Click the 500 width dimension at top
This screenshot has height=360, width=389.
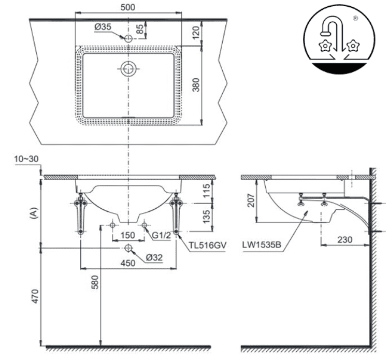click(128, 7)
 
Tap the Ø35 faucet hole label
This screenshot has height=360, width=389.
click(103, 27)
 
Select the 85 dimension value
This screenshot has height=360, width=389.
click(140, 29)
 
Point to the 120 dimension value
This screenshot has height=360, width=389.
click(196, 32)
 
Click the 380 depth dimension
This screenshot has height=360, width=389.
click(196, 85)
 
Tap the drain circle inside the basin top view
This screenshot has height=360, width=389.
click(128, 68)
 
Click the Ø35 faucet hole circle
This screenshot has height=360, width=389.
click(128, 38)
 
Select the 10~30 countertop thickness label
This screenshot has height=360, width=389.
click(26, 159)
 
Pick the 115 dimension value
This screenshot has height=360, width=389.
click(206, 191)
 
